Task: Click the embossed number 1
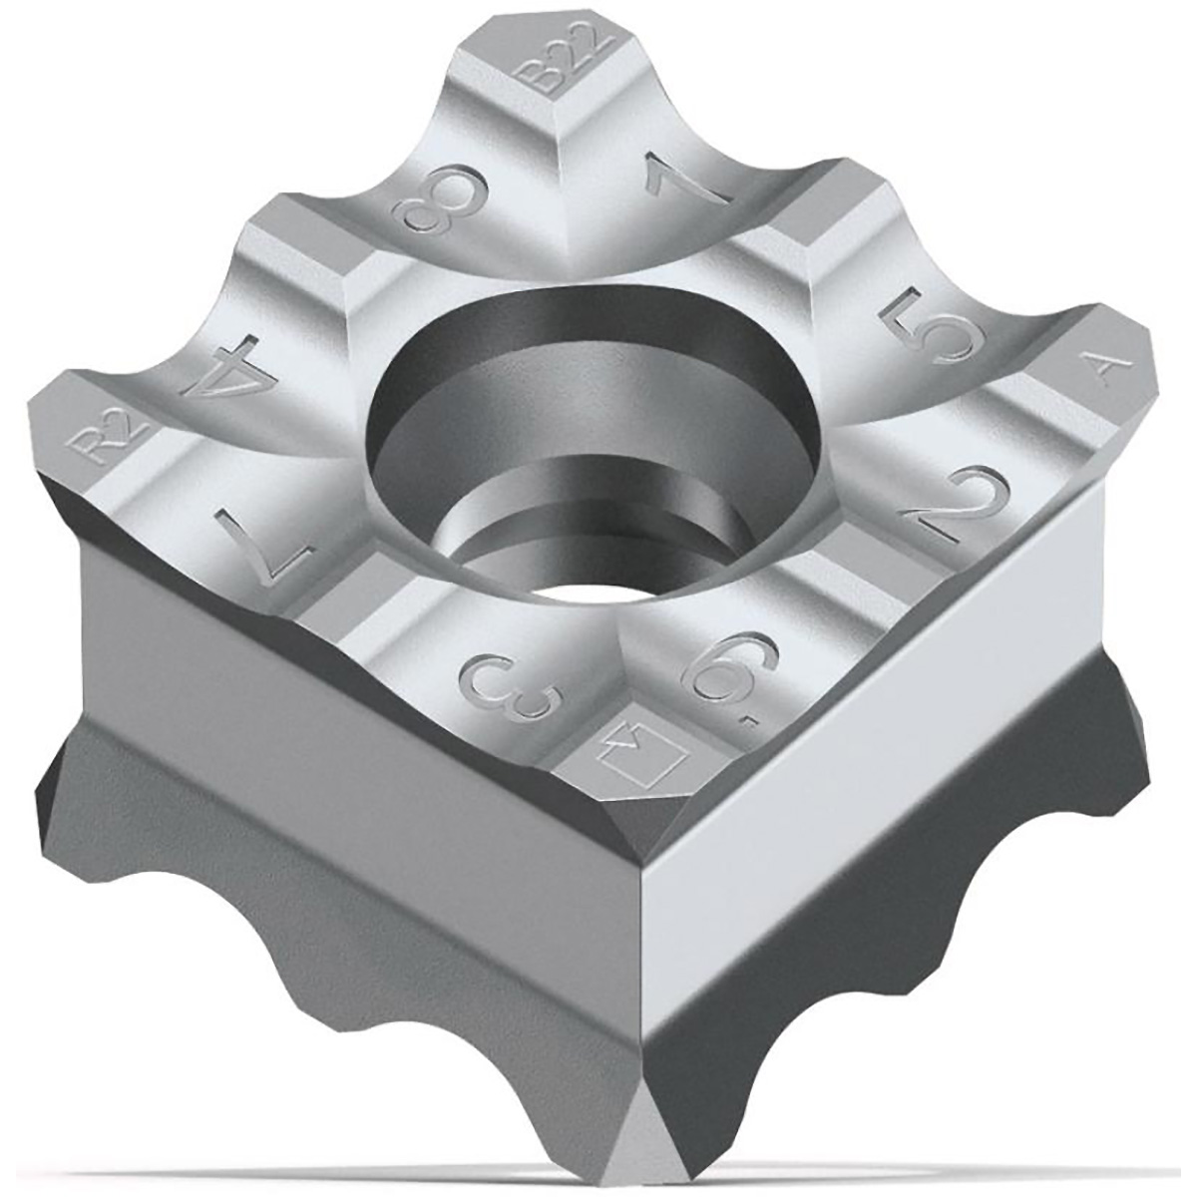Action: (686, 181)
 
